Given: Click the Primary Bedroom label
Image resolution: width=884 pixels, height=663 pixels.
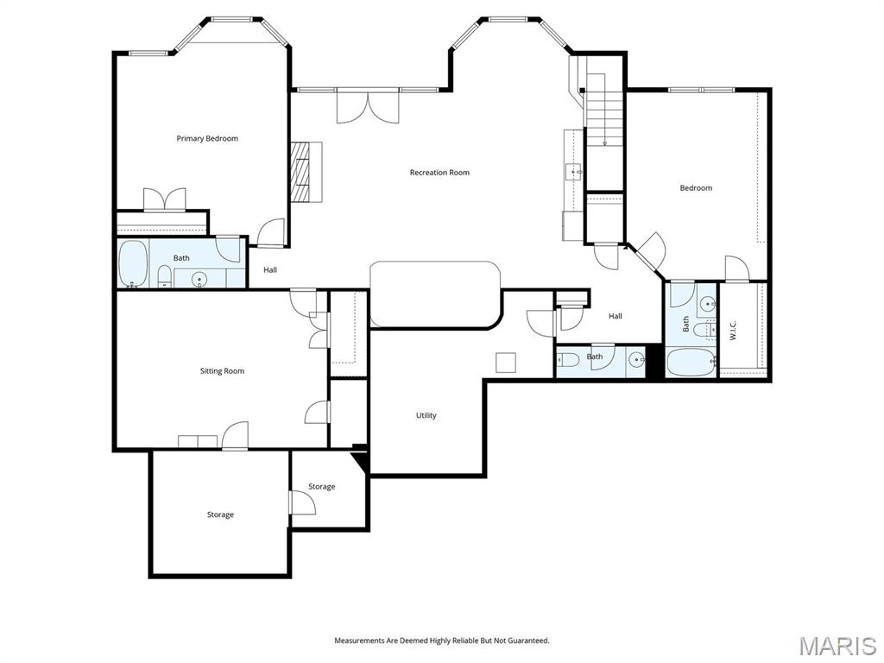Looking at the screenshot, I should click(x=207, y=139).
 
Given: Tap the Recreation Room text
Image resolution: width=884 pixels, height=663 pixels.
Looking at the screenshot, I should click(x=439, y=173).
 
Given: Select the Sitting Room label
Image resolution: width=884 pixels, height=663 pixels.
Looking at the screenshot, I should click(x=222, y=371).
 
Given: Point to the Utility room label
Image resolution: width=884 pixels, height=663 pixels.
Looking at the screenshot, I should click(x=426, y=415).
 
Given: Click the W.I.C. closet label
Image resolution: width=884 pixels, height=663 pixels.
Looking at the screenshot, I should click(x=733, y=331).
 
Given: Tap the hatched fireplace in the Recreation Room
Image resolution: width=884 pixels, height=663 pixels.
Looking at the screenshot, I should click(x=300, y=171).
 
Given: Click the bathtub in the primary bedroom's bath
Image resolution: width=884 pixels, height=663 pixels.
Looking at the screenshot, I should click(x=133, y=263).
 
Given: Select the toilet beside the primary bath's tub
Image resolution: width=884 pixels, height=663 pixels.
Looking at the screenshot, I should click(x=163, y=276).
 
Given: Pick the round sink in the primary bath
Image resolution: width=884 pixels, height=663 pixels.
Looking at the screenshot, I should click(x=199, y=278).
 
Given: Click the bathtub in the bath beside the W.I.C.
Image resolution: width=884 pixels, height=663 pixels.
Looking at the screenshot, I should click(x=691, y=361).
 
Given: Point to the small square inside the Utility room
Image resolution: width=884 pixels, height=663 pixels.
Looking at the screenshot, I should click(x=505, y=363).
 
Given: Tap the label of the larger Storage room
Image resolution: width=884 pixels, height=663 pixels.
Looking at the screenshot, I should click(x=220, y=515).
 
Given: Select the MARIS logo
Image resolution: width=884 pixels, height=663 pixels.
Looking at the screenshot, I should click(x=837, y=646).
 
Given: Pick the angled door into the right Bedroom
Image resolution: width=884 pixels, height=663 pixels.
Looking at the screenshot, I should click(x=650, y=250).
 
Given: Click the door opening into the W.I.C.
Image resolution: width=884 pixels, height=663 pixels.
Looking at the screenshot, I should click(x=736, y=268).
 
